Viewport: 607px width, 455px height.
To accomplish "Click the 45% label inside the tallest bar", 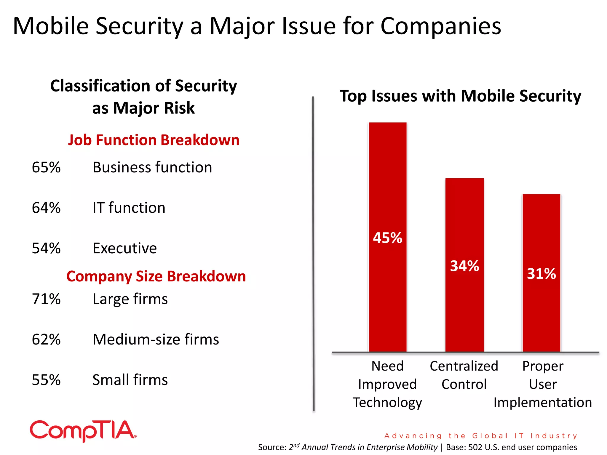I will [387, 238].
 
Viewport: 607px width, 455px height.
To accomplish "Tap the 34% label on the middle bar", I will [464, 266].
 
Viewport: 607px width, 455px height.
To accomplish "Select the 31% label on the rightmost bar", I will [541, 273].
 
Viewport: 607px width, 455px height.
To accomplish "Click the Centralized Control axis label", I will [464, 375].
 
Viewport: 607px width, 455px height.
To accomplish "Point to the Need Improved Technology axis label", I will [387, 384].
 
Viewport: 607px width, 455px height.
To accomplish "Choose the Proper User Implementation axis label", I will [543, 384].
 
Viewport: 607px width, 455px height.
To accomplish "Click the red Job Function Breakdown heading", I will [154, 140].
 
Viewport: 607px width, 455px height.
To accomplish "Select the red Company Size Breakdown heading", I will [156, 276].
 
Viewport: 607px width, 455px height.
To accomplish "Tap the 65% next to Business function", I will [46, 167].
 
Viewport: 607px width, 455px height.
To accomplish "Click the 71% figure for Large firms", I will [46, 299].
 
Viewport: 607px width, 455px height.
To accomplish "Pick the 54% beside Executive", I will [46, 248].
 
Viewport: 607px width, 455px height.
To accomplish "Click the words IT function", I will [129, 208].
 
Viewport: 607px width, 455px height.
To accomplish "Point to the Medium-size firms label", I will [156, 339].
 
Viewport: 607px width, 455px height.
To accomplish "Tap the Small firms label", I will [130, 380].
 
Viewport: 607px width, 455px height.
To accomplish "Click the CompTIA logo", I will [83, 431].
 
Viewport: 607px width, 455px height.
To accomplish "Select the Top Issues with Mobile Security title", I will [460, 96].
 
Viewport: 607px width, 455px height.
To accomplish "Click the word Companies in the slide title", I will [440, 26].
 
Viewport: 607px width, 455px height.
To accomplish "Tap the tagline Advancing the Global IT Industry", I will [481, 435].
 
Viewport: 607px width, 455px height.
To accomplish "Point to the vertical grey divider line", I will [313, 255].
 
